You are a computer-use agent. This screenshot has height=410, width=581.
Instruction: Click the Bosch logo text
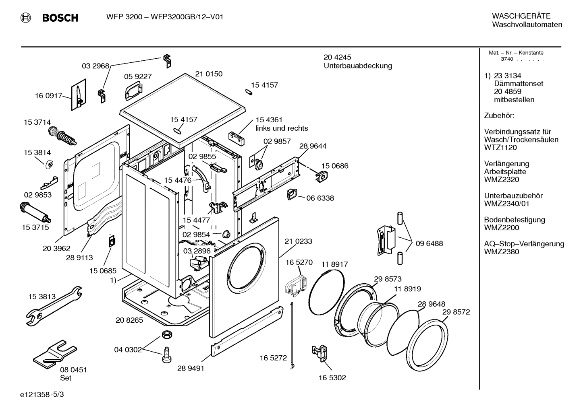click(x=60, y=18)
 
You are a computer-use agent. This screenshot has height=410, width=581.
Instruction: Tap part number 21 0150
click(x=209, y=74)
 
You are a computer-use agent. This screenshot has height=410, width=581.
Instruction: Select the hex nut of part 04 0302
click(x=166, y=334)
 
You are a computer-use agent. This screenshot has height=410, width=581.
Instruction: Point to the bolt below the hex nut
click(x=166, y=354)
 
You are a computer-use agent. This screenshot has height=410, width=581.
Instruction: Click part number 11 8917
click(x=334, y=264)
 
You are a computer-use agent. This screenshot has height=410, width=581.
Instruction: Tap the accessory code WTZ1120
click(x=500, y=148)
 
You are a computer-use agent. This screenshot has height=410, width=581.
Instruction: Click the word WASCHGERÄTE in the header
click(x=521, y=16)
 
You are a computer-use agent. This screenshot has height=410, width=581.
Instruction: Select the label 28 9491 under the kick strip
click(x=191, y=368)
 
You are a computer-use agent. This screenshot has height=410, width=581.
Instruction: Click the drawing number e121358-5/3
click(x=41, y=395)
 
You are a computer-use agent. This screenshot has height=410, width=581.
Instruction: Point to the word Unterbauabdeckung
click(x=358, y=66)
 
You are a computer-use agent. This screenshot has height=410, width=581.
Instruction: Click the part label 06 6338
click(x=320, y=198)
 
